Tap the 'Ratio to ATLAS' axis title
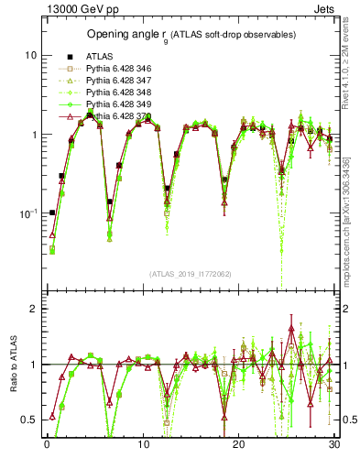point(14,364)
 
